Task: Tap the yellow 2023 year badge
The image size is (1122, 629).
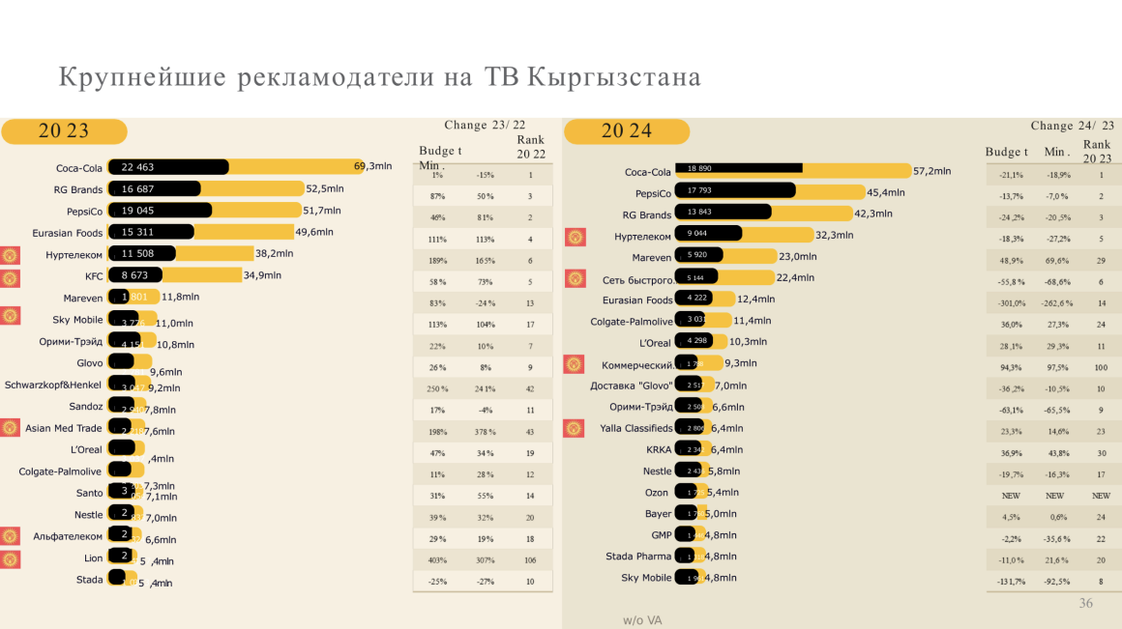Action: point(64,131)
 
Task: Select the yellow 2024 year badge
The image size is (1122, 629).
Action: point(627,131)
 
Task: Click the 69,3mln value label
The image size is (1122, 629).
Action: point(373,166)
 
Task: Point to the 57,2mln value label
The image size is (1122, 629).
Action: point(932,171)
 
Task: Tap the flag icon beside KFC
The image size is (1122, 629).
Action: point(11,278)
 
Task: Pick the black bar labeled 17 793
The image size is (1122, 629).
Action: point(735,191)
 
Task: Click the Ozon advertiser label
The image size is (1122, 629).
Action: point(658,493)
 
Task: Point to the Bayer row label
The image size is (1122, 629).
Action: point(658,514)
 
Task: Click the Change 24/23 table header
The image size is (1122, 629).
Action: point(1072,126)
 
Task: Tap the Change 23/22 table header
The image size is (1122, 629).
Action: point(485,125)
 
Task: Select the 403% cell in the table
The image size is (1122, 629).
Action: point(437,560)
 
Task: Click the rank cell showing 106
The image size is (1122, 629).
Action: point(530,560)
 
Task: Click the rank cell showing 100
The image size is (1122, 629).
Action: point(1101,368)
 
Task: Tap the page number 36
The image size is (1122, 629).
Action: point(1085,603)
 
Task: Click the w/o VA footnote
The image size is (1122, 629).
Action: point(642,619)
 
